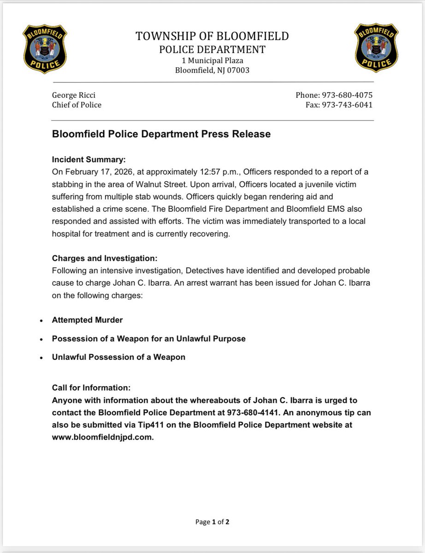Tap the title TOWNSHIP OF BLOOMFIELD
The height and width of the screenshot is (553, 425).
pyautogui.click(x=212, y=36)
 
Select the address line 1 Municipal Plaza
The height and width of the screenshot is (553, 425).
pyautogui.click(x=212, y=60)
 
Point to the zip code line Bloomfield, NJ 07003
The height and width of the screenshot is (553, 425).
pyautogui.click(x=212, y=71)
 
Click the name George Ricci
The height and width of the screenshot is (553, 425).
pyautogui.click(x=74, y=95)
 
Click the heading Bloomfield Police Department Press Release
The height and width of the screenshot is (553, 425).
pyautogui.click(x=161, y=134)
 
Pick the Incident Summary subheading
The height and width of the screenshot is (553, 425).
pyautogui.click(x=89, y=160)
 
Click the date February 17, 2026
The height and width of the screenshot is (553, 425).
pyautogui.click(x=94, y=172)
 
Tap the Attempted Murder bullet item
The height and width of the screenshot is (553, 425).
pyautogui.click(x=87, y=320)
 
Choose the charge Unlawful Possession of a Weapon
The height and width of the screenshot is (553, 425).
pyautogui.click(x=118, y=357)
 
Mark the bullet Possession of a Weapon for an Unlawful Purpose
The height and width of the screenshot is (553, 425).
pyautogui.click(x=148, y=339)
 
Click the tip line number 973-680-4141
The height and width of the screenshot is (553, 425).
pyautogui.click(x=249, y=412)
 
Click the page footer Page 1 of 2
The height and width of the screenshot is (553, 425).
pyautogui.click(x=212, y=522)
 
